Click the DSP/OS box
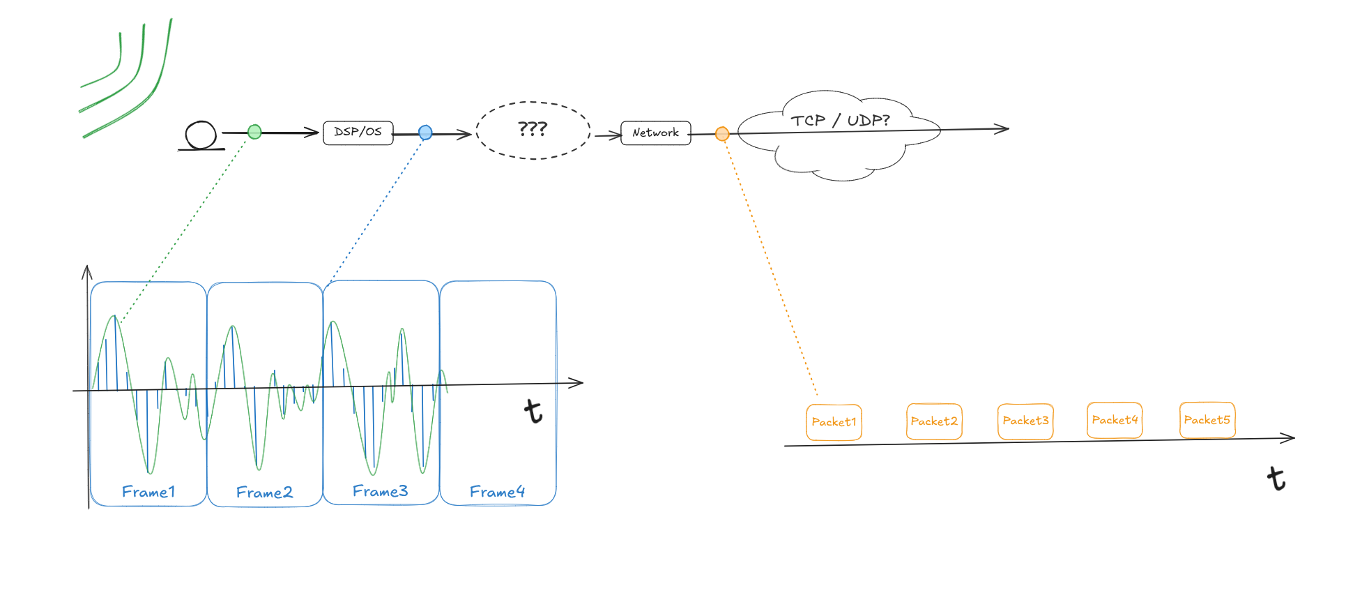[x=358, y=133]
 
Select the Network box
[x=655, y=133]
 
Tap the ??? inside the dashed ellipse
[x=533, y=129]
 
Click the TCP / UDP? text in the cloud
[x=840, y=121]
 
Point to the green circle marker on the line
[x=254, y=132]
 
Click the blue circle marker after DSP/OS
[x=425, y=133]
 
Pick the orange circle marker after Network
[x=722, y=133]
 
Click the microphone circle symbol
[x=201, y=135]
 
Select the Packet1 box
[x=834, y=422]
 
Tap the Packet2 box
[x=934, y=421]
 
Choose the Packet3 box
[x=1025, y=421]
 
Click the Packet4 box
[x=1115, y=420]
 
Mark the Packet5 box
[x=1207, y=420]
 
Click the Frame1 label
[x=148, y=492]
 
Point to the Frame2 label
[x=264, y=493]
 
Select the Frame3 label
[x=380, y=491]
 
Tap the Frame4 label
[x=497, y=492]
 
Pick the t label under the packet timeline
[x=1276, y=479]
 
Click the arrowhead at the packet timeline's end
[x=1292, y=438]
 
